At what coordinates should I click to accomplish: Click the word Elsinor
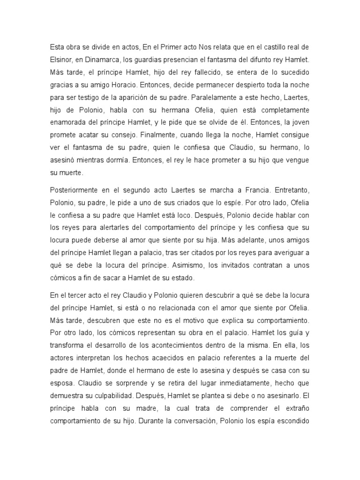point(61,60)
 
